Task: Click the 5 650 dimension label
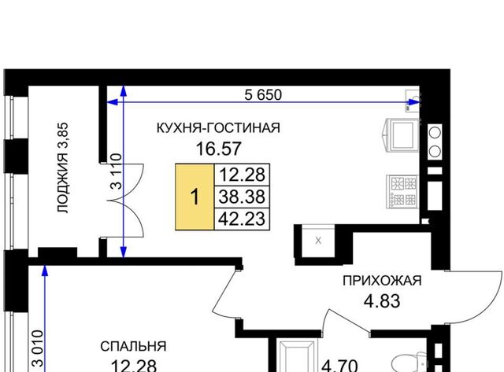[263, 95]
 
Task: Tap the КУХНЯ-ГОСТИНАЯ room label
[218, 127]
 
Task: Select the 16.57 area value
[218, 149]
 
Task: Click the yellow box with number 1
[195, 197]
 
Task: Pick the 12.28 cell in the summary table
[242, 175]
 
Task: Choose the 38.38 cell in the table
[242, 197]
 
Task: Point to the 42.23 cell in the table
[242, 219]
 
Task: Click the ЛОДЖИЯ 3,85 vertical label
[63, 168]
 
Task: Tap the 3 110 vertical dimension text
[116, 171]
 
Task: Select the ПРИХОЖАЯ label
[382, 281]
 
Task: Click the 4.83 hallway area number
[382, 301]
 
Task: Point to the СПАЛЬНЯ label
[133, 347]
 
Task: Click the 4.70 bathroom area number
[339, 365]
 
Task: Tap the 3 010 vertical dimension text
[37, 348]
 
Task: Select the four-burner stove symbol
[402, 192]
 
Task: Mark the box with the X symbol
[318, 241]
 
